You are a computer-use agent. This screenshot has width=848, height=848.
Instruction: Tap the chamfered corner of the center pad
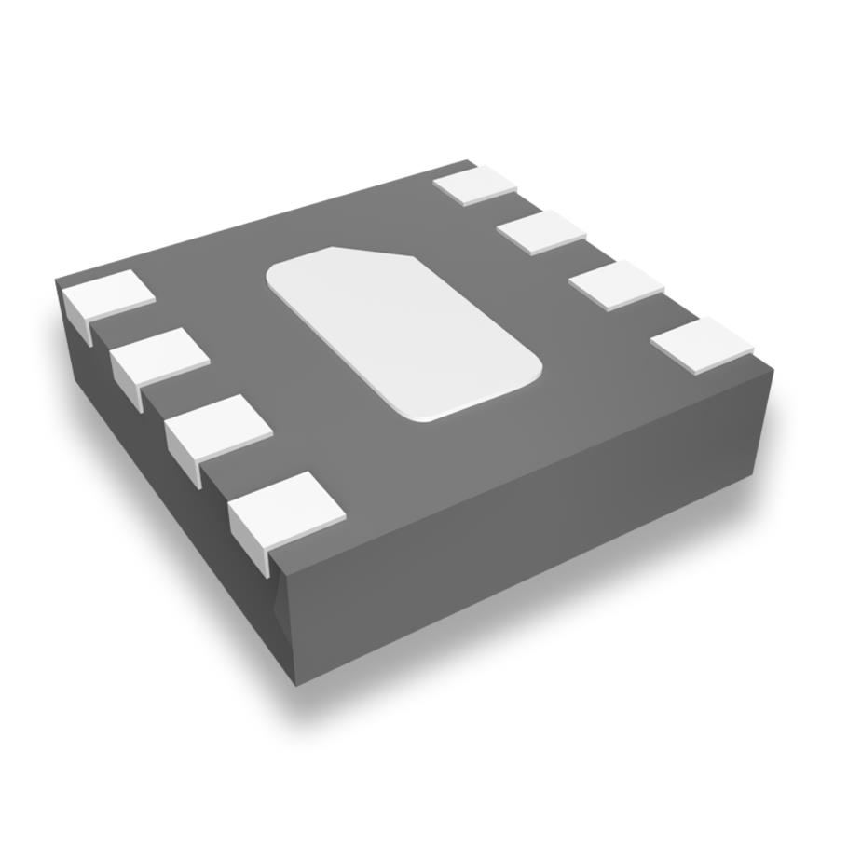(373, 252)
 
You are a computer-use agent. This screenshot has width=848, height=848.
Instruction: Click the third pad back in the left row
(160, 357)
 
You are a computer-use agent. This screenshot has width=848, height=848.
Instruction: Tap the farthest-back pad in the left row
(108, 295)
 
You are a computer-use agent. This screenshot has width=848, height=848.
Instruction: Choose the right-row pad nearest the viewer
(702, 345)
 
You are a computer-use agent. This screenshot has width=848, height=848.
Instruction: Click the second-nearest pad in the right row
(616, 285)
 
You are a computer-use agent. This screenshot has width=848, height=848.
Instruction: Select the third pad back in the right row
(541, 232)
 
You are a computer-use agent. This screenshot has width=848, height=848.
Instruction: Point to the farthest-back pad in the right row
(475, 185)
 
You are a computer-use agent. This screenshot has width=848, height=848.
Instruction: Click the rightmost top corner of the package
(773, 369)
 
